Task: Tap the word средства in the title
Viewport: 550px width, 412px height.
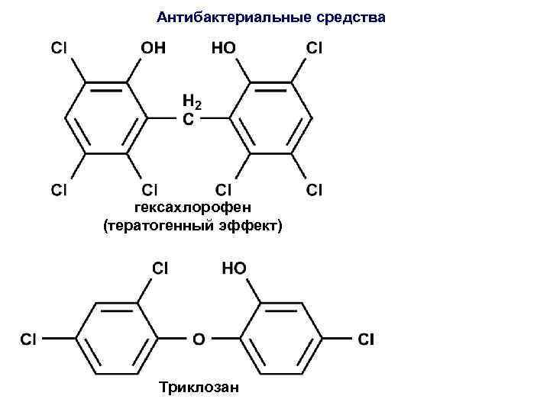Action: pos(354,16)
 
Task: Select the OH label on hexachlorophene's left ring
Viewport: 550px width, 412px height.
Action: pos(153,47)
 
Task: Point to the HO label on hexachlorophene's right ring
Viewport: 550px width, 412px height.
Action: pos(223,47)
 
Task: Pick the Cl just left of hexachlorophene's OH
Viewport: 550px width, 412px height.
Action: pos(58,47)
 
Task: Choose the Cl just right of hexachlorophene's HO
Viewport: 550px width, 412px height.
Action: pos(314,47)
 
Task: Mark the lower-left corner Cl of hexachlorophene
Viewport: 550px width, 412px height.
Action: pos(58,188)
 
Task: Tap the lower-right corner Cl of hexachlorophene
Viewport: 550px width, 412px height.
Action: pos(314,188)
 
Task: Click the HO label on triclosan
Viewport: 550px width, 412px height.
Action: pos(233,268)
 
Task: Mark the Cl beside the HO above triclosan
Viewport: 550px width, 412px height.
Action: pos(161,268)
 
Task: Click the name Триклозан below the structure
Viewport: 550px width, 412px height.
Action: pos(198,388)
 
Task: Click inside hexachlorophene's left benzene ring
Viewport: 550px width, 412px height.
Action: pos(106,118)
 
